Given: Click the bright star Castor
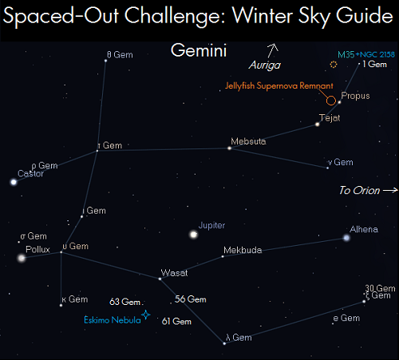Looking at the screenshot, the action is pos(14,182).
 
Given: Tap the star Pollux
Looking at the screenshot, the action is pos(22,258).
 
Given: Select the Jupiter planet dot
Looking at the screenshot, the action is pos(193,235).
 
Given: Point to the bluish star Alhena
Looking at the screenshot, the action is pos(346,238).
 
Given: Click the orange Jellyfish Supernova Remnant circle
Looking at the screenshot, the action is pos(331,101).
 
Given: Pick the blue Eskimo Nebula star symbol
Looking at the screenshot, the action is pos(146,315).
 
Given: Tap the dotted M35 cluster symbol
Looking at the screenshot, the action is pos(334,65).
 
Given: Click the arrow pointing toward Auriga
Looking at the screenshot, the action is pos(272,50).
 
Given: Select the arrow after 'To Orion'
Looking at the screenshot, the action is pos(390,190).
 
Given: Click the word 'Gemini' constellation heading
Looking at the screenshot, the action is pos(199,50).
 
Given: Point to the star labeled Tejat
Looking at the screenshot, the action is pos(317,125).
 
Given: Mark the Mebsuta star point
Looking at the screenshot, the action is pos(229,148).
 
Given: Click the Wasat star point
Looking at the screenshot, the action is pos(160,279).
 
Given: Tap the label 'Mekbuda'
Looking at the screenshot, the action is pos(243,250).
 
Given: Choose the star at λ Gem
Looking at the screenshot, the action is pos(224,343).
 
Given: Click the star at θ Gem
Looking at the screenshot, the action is pos(105,61).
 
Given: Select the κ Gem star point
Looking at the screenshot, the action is pos(61,305).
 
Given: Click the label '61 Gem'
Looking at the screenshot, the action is pos(176,322).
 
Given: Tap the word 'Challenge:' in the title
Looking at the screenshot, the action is pos(176,17).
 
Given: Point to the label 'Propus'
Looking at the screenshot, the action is pos(355,96).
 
